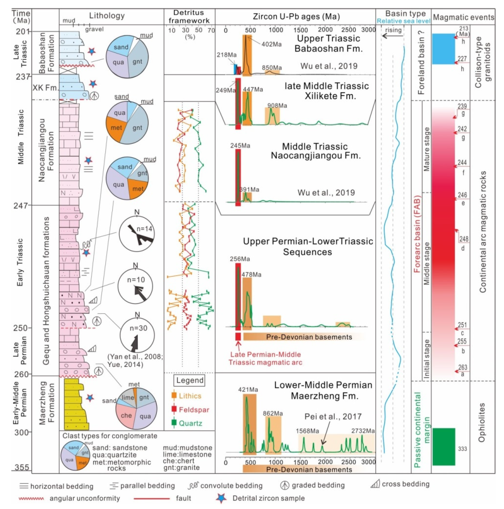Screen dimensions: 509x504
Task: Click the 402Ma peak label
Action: click(271, 44)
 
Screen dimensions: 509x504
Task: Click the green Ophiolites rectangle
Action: click(444, 447)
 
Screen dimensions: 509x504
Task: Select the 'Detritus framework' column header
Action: click(189, 16)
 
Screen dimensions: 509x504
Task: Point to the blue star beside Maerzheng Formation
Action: click(90, 398)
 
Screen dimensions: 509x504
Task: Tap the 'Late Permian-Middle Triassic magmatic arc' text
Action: click(265, 358)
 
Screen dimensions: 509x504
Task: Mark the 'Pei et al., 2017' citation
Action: click(333, 417)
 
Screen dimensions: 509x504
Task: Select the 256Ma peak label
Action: click(239, 259)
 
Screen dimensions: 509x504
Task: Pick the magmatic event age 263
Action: click(462, 367)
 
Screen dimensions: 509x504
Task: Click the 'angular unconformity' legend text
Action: click(85, 498)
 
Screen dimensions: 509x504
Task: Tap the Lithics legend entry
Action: click(190, 396)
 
